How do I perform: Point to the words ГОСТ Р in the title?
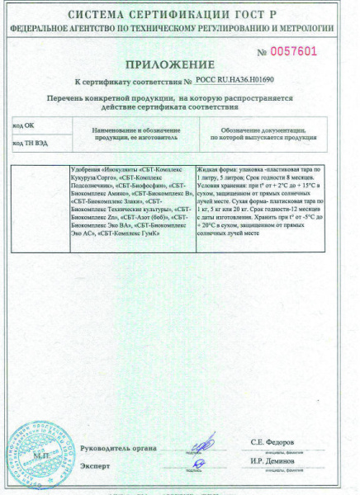[268, 15]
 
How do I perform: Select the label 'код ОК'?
[25, 125]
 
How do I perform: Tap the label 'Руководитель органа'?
[118, 448]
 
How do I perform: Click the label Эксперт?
[94, 466]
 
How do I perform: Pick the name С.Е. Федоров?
[273, 443]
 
